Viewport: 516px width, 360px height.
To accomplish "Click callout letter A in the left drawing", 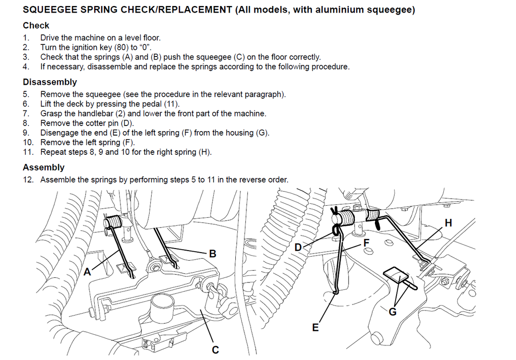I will (87, 272).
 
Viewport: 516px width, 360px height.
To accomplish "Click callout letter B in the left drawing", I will (213, 254).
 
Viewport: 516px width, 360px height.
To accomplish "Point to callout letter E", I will (315, 328).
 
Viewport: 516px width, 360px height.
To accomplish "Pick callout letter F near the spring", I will (367, 243).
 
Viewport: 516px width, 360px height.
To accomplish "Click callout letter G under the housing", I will (393, 312).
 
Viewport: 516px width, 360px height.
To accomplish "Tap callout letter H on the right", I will (448, 222).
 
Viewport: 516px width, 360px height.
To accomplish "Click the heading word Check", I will (36, 25).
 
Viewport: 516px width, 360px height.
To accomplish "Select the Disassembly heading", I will (50, 82).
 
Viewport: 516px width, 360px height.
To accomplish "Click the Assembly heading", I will (43, 167).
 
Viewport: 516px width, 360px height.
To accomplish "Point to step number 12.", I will (28, 180).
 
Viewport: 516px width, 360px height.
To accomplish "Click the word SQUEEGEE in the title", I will (48, 10).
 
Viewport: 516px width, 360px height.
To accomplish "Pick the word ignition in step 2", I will (80, 47).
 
